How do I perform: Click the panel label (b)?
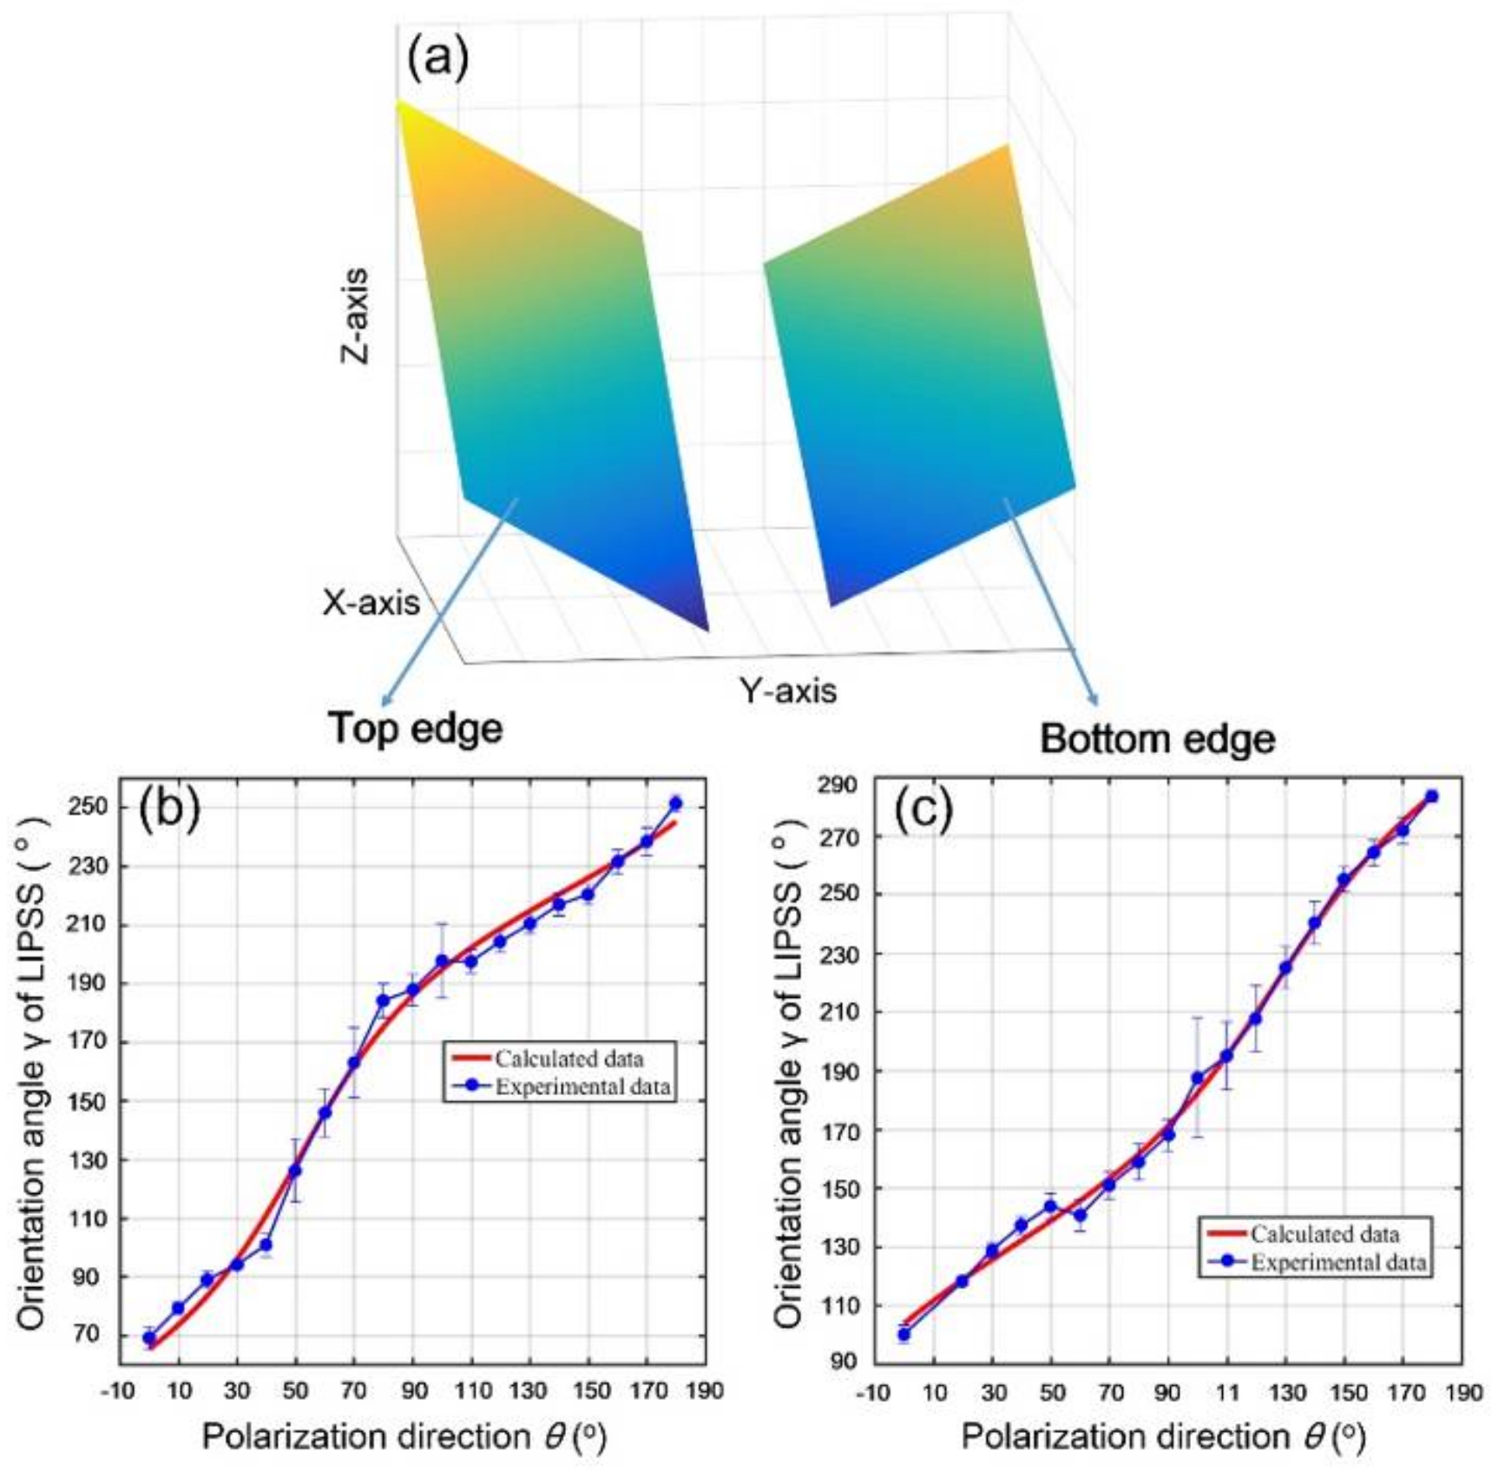(169, 808)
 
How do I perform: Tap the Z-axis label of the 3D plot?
(354, 316)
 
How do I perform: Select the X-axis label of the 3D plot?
(371, 602)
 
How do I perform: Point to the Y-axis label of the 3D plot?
(787, 691)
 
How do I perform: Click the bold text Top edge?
(415, 728)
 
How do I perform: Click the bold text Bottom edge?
(1157, 740)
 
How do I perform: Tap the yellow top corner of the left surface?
(402, 108)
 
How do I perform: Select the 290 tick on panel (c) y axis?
(838, 785)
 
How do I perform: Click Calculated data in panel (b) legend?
(569, 1059)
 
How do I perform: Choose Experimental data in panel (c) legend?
(1338, 1262)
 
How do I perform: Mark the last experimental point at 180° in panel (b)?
(676, 803)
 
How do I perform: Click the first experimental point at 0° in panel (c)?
(904, 1334)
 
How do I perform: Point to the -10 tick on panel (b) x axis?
(118, 1391)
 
